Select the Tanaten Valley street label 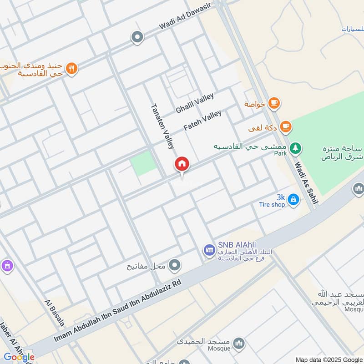click(162, 126)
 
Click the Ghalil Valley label click(195, 103)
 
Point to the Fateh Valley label click(202, 120)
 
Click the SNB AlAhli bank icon click(209, 250)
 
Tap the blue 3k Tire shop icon click(293, 199)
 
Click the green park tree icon click(296, 147)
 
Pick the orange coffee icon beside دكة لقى click(285, 126)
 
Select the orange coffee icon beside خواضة click(273, 103)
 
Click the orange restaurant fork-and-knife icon click(71, 69)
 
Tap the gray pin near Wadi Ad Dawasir click(137, 37)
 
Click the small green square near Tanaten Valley click(143, 163)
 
